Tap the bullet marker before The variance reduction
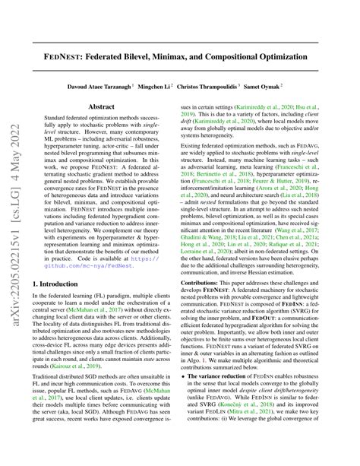tap(191, 398)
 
